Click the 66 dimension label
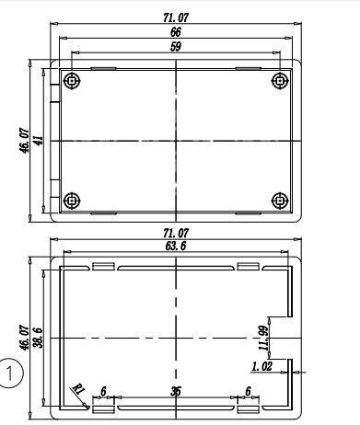click(x=176, y=32)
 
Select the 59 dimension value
click(x=176, y=47)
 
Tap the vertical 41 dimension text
click(x=40, y=141)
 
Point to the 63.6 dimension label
click(x=176, y=246)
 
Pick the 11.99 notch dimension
click(x=263, y=338)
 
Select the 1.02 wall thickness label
click(x=261, y=366)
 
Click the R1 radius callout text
click(x=78, y=389)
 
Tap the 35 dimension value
click(x=176, y=391)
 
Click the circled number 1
click(x=10, y=373)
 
